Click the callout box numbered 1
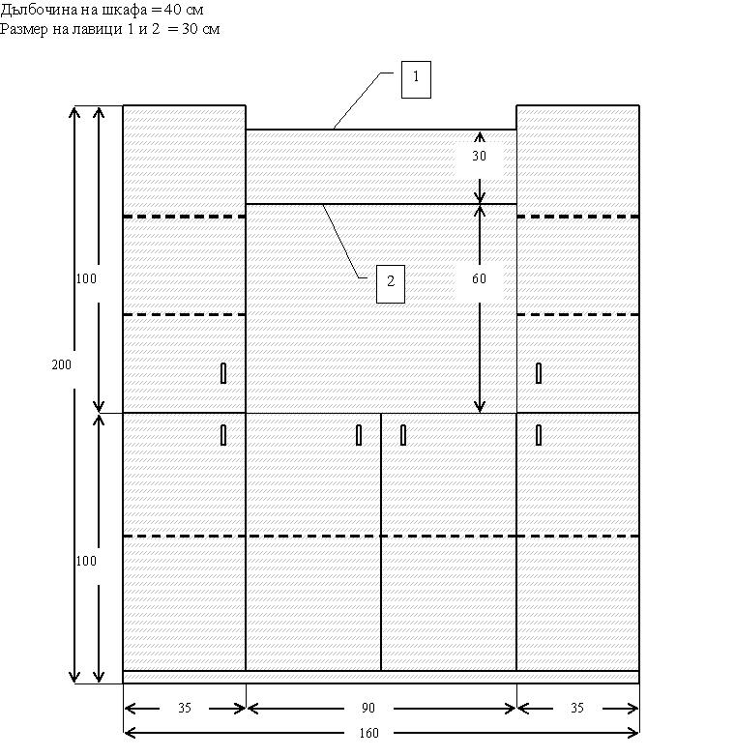(x=416, y=79)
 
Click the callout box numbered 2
(x=390, y=284)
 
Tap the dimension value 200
(x=61, y=365)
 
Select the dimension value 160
(x=368, y=734)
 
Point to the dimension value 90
(x=367, y=708)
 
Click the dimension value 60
(x=479, y=278)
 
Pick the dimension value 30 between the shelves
(x=479, y=156)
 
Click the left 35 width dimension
(x=185, y=708)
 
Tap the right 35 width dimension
(x=577, y=708)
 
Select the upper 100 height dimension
(x=86, y=278)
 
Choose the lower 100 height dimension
(x=86, y=561)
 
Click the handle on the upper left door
(x=223, y=373)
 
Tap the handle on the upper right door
(x=539, y=373)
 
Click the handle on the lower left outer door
(x=223, y=435)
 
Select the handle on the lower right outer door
(x=539, y=435)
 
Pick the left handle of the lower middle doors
(x=359, y=435)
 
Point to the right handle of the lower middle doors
(x=403, y=435)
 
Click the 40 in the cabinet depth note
(x=172, y=10)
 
